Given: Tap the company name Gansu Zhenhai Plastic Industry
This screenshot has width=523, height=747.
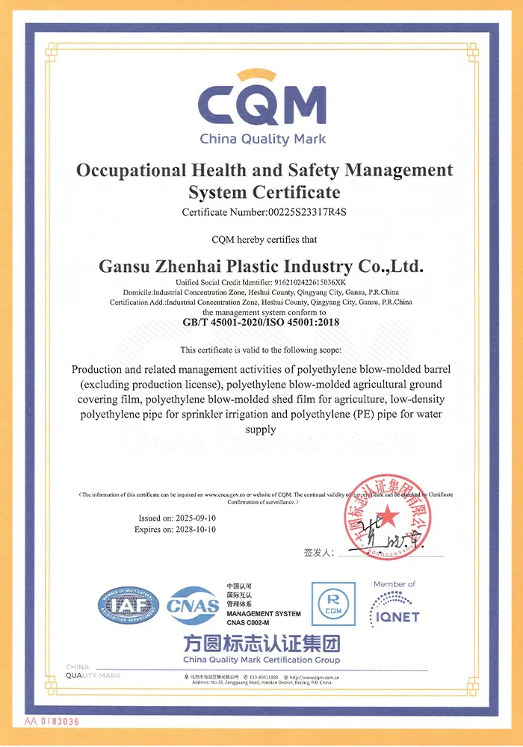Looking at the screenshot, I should tap(261, 266).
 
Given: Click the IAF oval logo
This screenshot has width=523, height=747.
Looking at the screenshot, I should tap(128, 606).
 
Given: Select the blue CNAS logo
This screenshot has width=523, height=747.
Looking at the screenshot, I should tap(193, 606).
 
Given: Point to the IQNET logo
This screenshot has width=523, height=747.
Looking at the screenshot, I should tap(394, 610).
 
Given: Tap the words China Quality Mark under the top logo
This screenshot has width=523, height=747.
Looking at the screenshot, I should tap(261, 139).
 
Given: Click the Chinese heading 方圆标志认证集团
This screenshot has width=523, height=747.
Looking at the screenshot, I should tap(261, 643).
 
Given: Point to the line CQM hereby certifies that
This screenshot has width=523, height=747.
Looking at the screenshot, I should tap(261, 240).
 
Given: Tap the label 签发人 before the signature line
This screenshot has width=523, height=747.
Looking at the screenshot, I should tap(318, 553).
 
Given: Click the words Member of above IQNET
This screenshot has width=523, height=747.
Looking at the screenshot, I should tap(394, 584).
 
